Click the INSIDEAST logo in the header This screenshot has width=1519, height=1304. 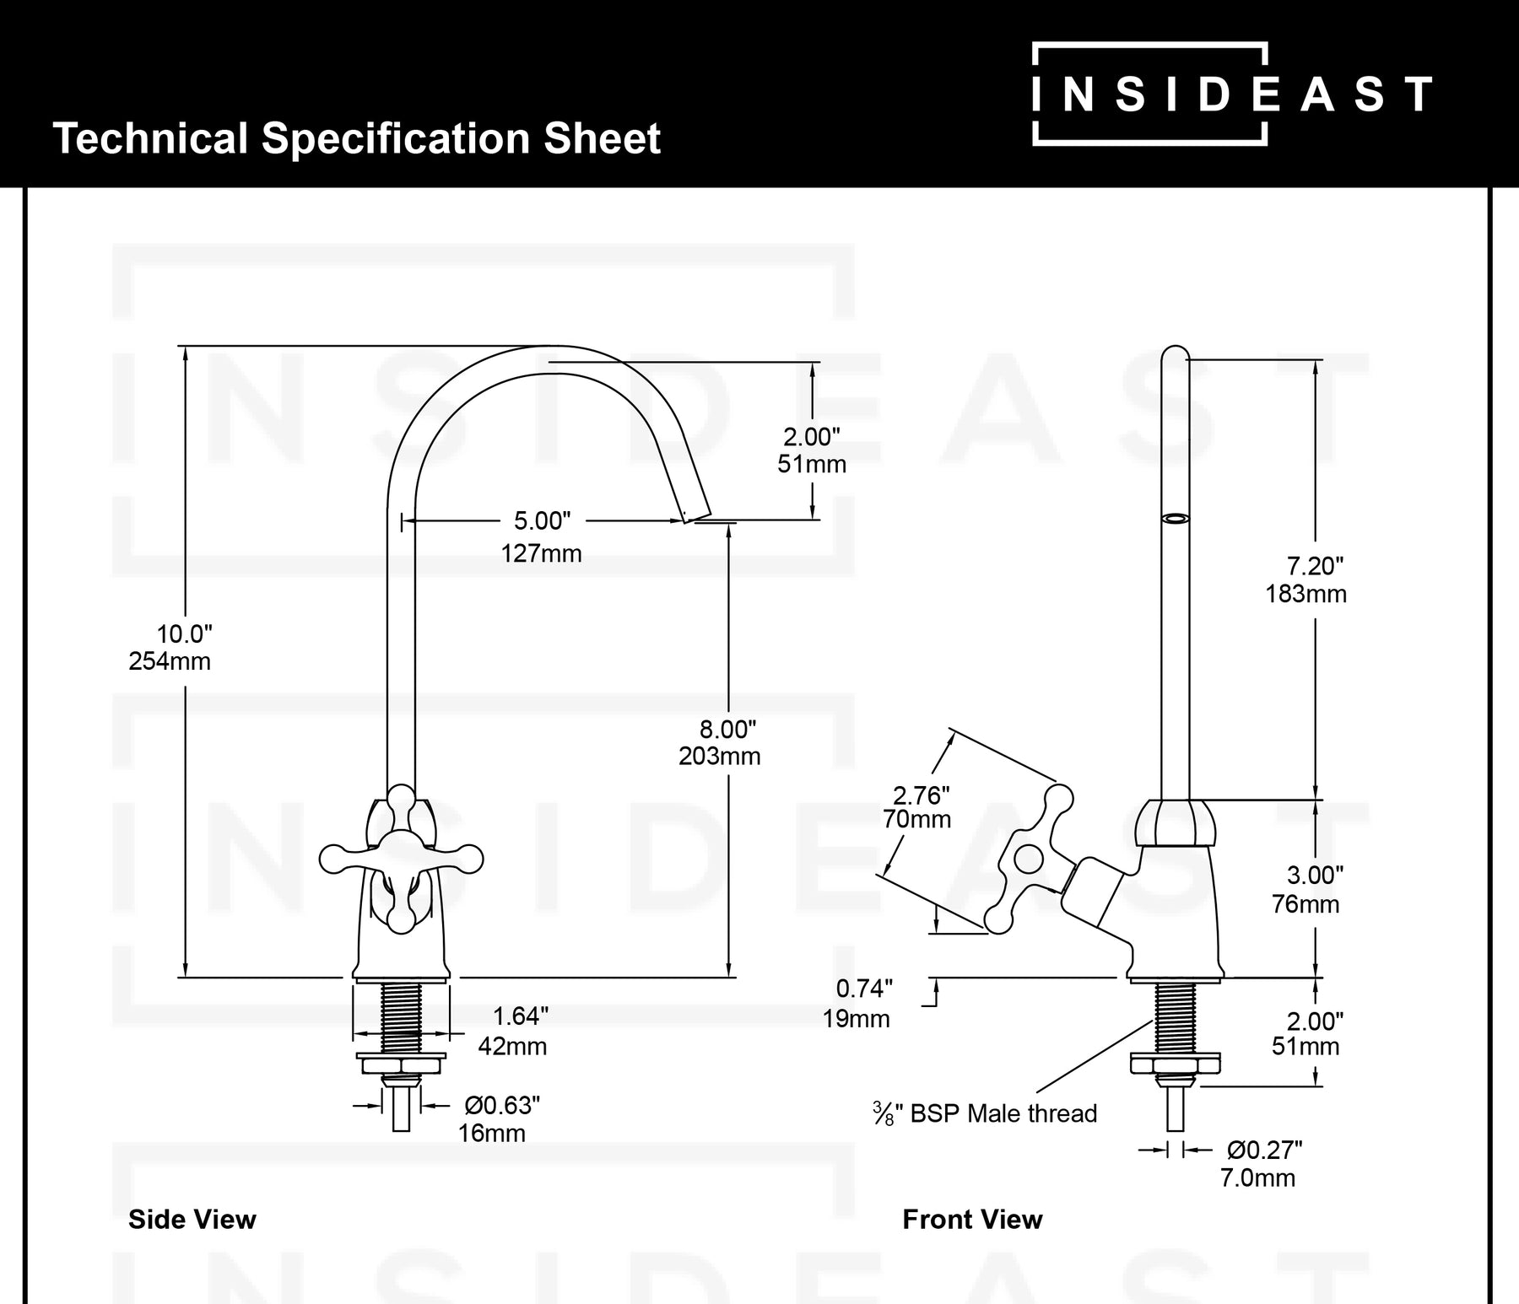point(1232,94)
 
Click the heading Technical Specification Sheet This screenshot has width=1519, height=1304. point(356,138)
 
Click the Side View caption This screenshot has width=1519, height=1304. point(192,1220)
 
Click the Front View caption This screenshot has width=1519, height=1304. point(972,1220)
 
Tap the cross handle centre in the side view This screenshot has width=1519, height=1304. point(402,859)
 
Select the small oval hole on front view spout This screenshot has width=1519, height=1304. point(1175,519)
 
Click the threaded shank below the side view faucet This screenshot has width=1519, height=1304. point(401,1016)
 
